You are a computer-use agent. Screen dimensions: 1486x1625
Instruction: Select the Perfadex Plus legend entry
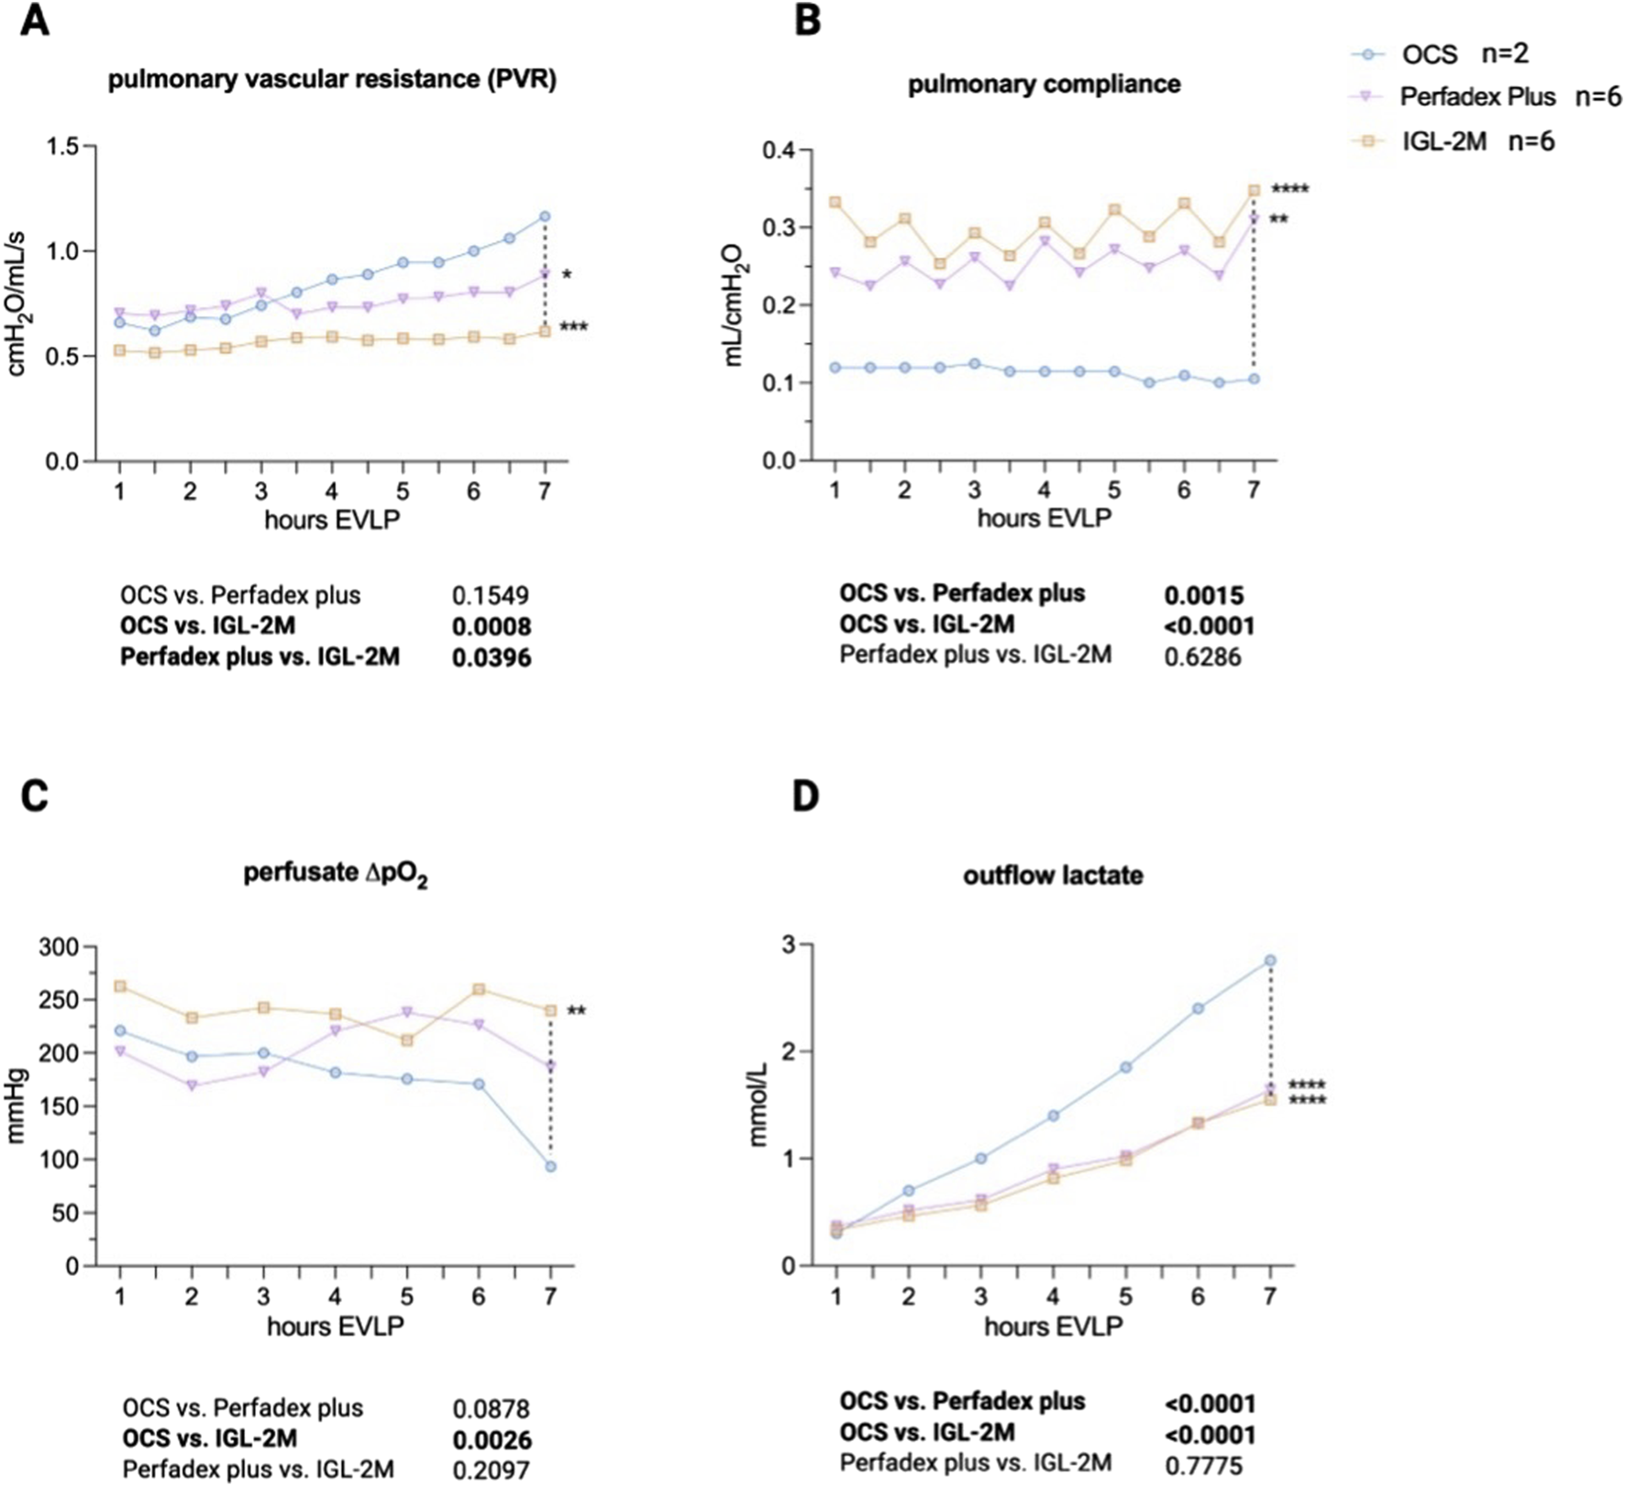pos(1486,97)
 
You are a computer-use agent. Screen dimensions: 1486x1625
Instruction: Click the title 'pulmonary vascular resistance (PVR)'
pos(332,80)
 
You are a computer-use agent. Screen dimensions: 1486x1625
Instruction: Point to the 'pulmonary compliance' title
pos(1044,84)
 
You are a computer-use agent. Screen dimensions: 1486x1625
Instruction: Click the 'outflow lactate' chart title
pos(1053,875)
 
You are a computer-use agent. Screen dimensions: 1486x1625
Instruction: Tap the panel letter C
pos(34,796)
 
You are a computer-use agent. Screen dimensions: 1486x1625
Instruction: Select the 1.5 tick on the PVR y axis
pos(62,146)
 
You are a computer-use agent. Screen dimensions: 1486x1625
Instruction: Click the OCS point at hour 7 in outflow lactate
pos(1270,961)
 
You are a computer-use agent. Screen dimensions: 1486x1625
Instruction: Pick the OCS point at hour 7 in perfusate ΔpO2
pos(550,1166)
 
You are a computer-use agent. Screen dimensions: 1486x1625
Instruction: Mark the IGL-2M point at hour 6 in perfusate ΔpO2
pos(479,990)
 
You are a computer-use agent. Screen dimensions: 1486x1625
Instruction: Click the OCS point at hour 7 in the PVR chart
pos(545,216)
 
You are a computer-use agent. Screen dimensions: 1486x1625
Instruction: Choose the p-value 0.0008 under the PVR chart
pos(491,627)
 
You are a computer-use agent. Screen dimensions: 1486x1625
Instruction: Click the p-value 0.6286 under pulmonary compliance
pos(1202,656)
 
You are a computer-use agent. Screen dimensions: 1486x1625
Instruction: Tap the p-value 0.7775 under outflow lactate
pos(1203,1465)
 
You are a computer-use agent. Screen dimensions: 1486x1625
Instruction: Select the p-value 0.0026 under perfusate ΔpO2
pos(492,1440)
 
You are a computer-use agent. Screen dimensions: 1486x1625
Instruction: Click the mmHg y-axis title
pos(17,1106)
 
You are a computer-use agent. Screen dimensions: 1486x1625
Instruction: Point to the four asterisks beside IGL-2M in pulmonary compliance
pos(1289,190)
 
